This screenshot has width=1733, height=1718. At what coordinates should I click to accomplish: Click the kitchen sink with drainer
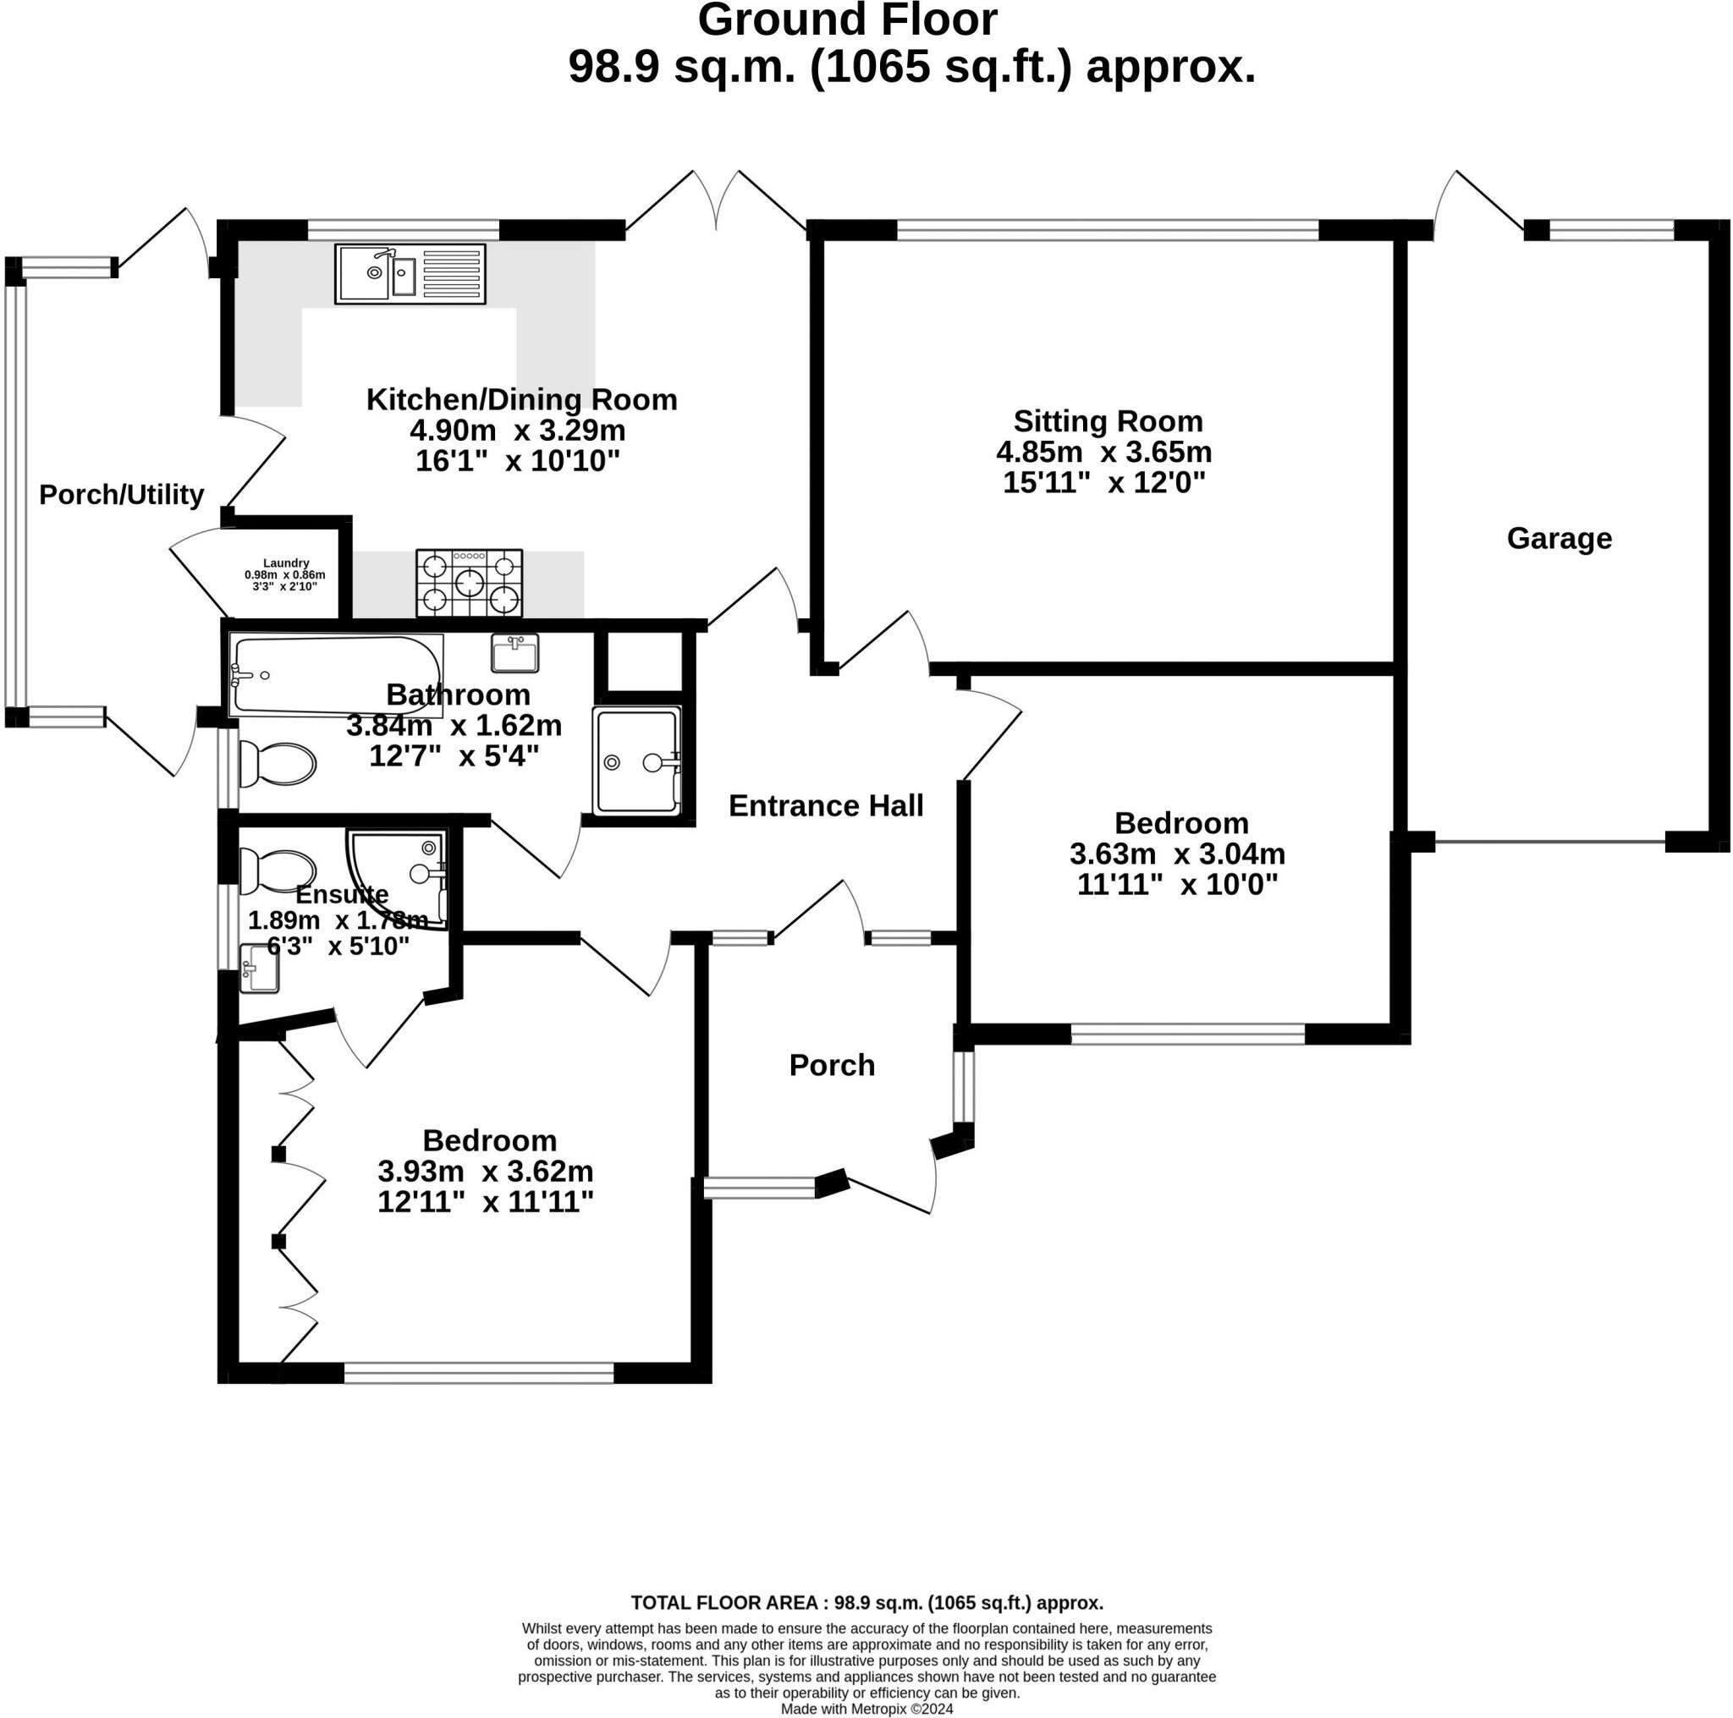coord(410,273)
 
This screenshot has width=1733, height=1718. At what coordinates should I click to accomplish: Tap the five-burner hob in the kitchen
coord(469,583)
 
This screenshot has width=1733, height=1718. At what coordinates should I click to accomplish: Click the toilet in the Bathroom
coord(278,764)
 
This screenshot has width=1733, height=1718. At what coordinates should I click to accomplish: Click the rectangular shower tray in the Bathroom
coord(637,761)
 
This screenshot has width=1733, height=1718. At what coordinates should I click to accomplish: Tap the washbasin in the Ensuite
coord(259,969)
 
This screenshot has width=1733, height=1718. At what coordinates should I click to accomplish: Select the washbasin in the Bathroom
coord(514,653)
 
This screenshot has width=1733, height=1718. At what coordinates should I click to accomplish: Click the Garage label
coord(1559,538)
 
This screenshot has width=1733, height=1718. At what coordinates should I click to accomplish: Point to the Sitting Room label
coord(1108,421)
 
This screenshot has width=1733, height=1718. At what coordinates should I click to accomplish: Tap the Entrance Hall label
coord(825,806)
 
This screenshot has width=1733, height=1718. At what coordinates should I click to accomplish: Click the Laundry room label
coord(286,563)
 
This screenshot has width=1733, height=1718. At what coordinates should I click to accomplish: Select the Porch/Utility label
coord(122,495)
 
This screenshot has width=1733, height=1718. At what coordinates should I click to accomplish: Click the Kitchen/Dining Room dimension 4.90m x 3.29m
coord(518,431)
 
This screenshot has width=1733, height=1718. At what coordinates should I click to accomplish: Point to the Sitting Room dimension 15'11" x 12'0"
coord(1104,482)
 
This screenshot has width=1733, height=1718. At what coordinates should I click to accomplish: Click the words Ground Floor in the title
coord(848,19)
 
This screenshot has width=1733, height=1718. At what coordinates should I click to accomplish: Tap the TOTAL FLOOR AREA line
coord(867,1602)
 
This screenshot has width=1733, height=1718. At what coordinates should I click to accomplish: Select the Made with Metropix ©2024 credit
coord(866,1709)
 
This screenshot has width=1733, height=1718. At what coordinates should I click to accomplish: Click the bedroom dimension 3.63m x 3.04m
coord(1177,854)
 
